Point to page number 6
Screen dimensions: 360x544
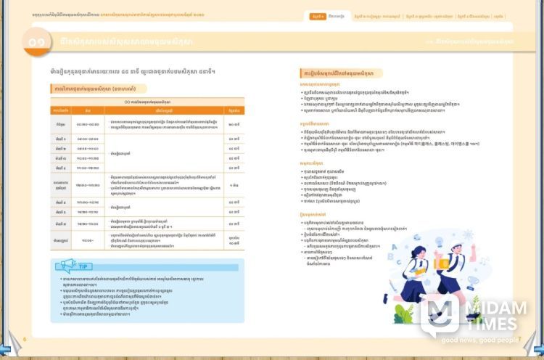pyautogui.click(x=25, y=339)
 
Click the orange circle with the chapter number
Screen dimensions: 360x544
pyautogui.click(x=36, y=43)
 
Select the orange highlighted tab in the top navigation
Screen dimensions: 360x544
pyautogui.click(x=317, y=16)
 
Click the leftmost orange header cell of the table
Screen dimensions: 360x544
pyautogui.click(x=60, y=110)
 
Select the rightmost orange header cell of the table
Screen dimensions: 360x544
pyautogui.click(x=234, y=110)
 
